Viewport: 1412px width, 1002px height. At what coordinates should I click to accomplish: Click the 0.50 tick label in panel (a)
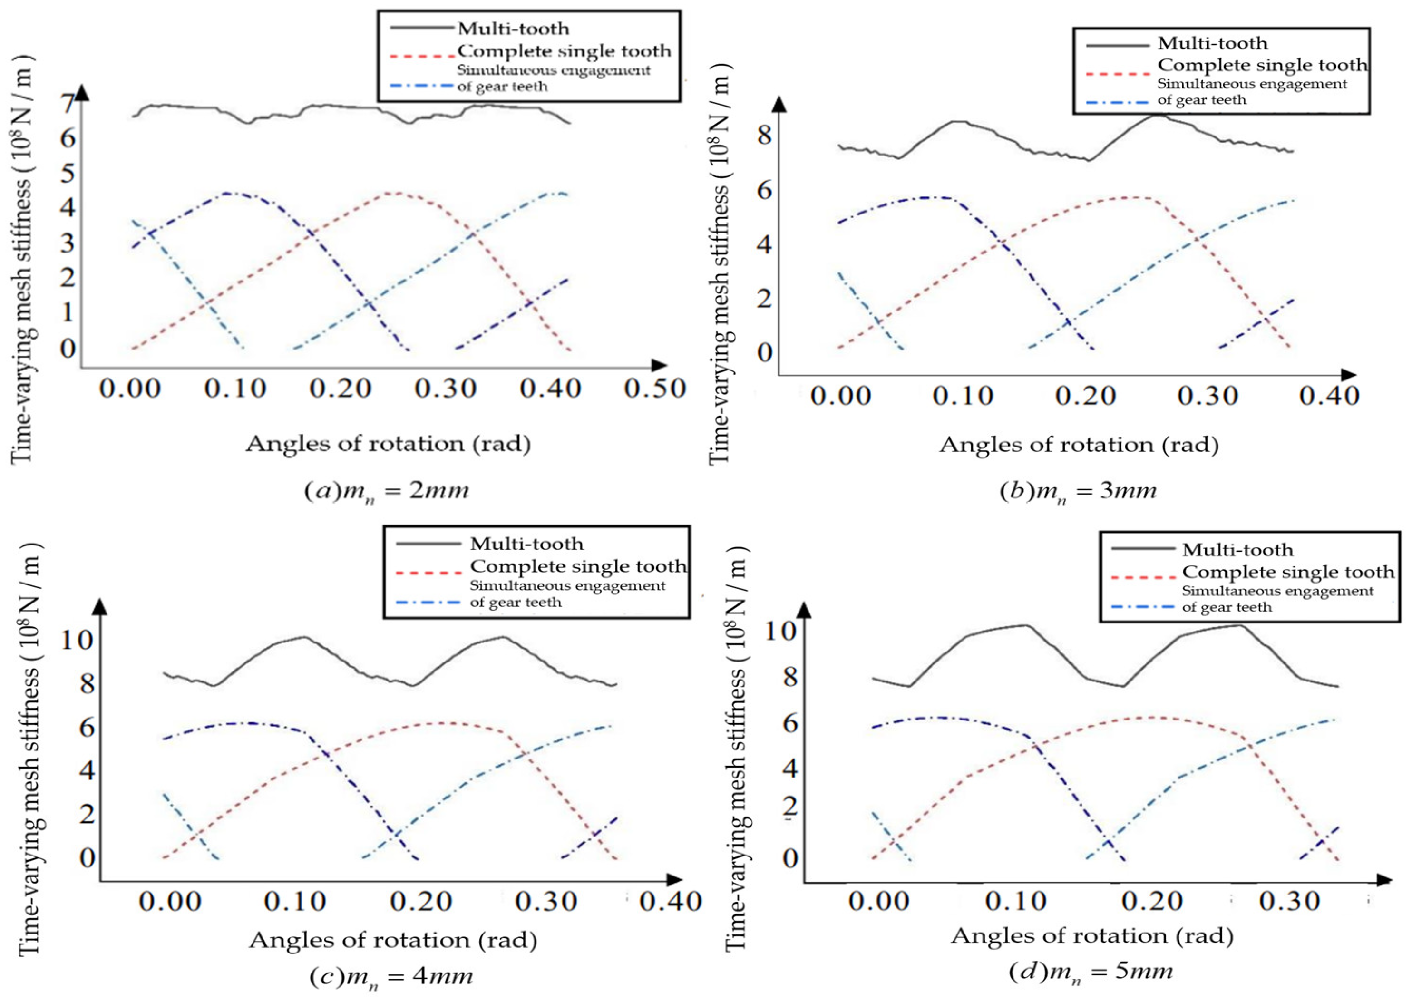pos(654,389)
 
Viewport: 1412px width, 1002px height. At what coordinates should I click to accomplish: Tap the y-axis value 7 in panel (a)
pos(68,102)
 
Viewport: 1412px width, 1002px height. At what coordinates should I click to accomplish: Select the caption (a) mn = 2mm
pos(387,491)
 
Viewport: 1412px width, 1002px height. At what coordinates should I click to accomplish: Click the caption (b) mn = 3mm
pos(1078,492)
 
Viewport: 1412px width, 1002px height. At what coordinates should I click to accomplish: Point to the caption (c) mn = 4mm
pos(391,977)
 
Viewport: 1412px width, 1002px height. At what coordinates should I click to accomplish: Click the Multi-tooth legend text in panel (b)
pos(1212,44)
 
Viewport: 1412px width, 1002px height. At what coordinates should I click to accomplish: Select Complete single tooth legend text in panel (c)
pos(577,566)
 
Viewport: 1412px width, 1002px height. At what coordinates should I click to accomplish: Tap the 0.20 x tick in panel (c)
pos(421,902)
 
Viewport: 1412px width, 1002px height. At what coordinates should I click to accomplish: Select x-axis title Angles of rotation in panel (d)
pos(1092,936)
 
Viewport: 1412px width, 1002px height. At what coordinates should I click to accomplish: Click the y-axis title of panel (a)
pos(22,259)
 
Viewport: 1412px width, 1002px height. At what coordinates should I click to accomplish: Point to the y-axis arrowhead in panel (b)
pos(780,105)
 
